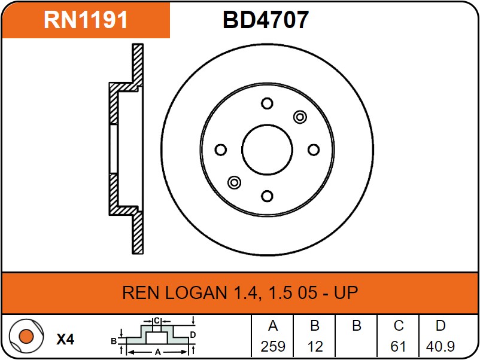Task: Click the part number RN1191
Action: [x=86, y=20]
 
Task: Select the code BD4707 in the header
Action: [x=266, y=20]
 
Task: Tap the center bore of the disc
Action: [x=267, y=150]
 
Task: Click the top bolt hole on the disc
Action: [x=267, y=103]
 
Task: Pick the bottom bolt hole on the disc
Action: [x=267, y=196]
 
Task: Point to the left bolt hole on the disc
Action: [x=220, y=150]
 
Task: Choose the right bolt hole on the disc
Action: [x=313, y=150]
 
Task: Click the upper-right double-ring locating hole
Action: [x=300, y=117]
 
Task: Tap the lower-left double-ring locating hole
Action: [x=234, y=182]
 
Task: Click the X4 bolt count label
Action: [x=65, y=340]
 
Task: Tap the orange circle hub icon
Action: [x=26, y=337]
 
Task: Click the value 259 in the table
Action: [x=273, y=346]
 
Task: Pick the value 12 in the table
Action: [x=315, y=346]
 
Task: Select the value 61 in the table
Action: [x=399, y=346]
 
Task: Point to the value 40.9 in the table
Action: [x=440, y=346]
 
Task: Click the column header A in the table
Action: [x=273, y=327]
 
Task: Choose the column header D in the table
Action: [x=440, y=327]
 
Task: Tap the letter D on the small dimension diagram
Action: [x=193, y=334]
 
